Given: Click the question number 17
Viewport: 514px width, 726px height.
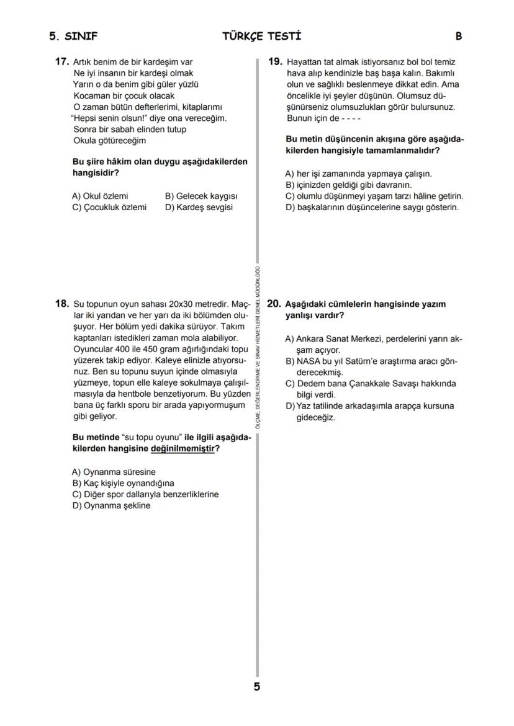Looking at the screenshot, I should point(61,62).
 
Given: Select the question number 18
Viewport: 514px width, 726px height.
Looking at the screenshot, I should point(61,304).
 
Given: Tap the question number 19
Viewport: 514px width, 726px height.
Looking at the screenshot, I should point(275,62).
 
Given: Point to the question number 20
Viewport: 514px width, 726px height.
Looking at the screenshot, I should point(274,304).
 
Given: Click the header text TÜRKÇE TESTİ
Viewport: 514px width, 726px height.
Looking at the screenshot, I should point(261,36).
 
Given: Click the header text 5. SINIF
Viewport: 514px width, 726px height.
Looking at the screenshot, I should point(73,36).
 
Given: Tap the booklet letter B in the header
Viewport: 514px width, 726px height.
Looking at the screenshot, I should point(458,36).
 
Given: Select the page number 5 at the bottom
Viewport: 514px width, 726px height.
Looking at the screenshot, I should point(257,686).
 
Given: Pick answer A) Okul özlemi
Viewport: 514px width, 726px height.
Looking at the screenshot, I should point(101,196).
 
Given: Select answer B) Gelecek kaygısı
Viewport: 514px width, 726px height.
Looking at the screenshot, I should point(201,196).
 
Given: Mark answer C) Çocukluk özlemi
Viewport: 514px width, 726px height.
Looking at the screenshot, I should point(110,207).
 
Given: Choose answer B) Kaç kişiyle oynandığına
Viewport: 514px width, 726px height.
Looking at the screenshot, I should point(123,483).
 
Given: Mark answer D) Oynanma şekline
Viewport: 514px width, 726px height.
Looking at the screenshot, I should point(111,505).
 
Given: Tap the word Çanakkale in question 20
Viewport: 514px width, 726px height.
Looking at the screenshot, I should point(371,384).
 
